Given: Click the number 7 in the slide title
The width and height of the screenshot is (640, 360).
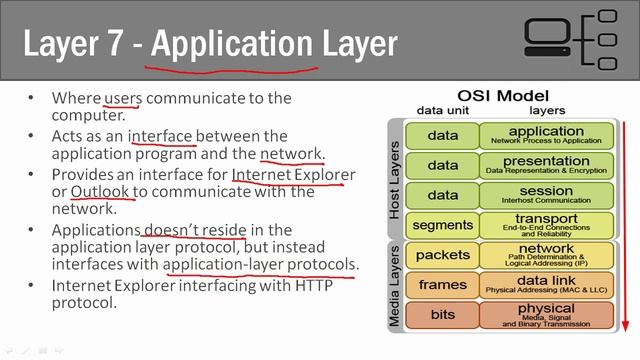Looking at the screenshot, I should click(121, 44).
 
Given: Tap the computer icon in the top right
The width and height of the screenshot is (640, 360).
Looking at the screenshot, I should click(549, 41).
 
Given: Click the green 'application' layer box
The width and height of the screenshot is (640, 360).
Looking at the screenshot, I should click(546, 135).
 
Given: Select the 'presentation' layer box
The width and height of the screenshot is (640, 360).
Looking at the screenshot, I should click(546, 164).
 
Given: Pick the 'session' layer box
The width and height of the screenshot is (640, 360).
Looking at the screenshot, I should click(546, 194).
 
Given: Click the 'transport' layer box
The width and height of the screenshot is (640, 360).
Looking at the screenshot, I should click(546, 224).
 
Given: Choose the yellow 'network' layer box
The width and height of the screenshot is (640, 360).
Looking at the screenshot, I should click(546, 254).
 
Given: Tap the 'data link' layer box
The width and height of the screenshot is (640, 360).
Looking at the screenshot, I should click(546, 285).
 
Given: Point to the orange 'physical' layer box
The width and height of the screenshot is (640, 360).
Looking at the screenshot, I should click(546, 315).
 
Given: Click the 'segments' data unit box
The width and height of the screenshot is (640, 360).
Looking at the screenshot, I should click(442, 225).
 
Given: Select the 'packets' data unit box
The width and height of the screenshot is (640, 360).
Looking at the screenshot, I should click(442, 255).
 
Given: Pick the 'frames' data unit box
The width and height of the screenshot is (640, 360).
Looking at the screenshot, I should click(442, 285).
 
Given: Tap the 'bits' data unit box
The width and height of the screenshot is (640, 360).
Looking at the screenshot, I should click(442, 315).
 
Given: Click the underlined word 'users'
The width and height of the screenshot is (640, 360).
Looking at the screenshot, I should click(123, 97).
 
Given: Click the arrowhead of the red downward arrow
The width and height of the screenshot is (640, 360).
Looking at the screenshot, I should click(623, 325).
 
